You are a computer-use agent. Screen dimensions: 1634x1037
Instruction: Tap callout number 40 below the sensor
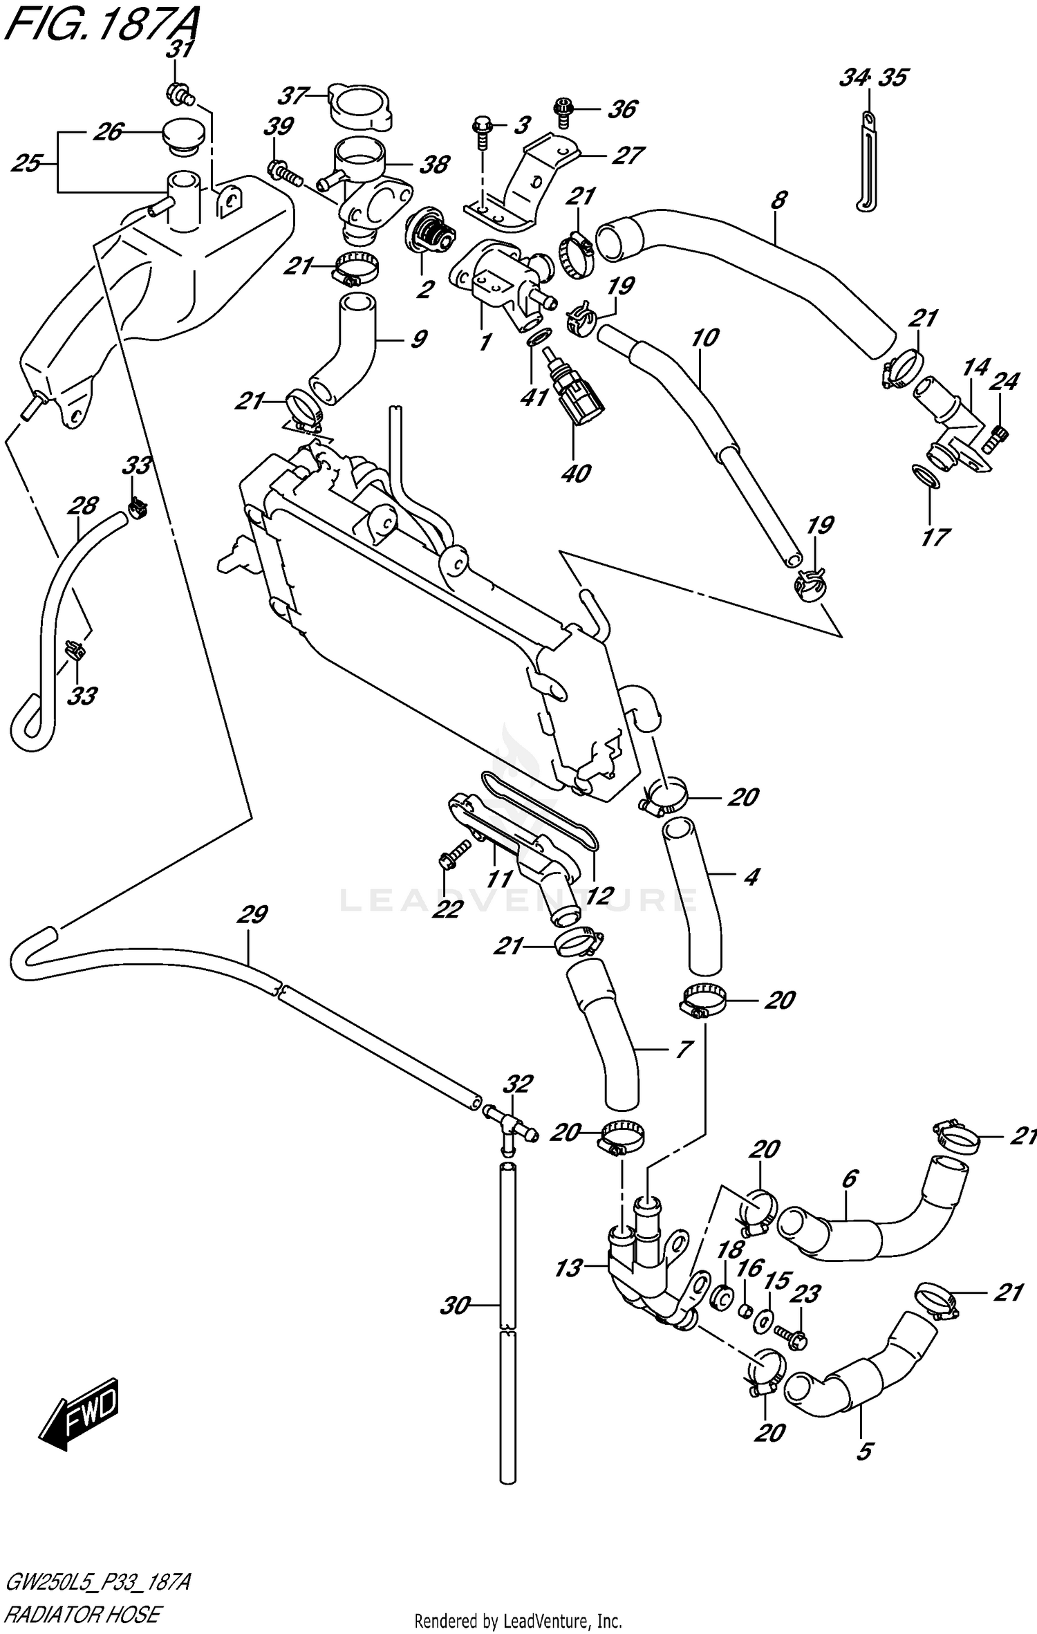577,474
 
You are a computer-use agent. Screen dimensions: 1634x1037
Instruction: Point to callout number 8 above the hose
778,201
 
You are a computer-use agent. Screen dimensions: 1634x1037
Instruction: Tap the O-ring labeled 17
926,476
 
